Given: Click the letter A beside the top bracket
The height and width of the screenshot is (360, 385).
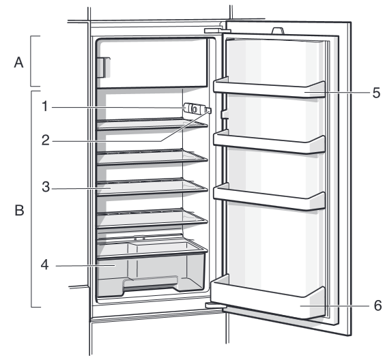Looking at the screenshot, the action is [x=18, y=62].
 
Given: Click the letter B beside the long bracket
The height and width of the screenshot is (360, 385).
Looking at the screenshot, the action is [x=19, y=210].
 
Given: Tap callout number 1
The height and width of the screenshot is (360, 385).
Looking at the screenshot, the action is [x=44, y=106].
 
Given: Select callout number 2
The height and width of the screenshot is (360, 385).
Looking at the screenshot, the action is [x=46, y=140].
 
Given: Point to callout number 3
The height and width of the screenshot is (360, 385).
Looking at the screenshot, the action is [x=46, y=187].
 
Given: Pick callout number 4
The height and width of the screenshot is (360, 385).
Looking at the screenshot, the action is [x=44, y=265].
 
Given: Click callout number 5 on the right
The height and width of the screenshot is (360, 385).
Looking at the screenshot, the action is [x=376, y=93].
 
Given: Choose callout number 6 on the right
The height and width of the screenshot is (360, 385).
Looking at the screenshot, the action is [x=377, y=305].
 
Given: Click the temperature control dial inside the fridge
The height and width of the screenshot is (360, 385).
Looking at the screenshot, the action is [x=194, y=108].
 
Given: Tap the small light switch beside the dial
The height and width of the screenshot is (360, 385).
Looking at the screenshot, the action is [x=208, y=110].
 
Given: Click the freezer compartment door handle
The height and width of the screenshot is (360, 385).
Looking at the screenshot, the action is [x=103, y=67].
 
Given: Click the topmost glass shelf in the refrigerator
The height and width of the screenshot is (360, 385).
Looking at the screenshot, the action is [x=152, y=124].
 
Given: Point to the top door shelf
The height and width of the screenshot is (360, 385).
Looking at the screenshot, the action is [x=269, y=88].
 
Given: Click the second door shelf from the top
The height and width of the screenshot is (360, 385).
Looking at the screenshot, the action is [x=269, y=142].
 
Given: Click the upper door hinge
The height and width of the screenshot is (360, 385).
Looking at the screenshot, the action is [x=217, y=31].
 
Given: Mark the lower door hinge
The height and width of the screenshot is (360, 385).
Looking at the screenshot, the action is [x=216, y=305].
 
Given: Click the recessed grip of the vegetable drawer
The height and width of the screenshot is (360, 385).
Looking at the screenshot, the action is [x=150, y=284].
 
